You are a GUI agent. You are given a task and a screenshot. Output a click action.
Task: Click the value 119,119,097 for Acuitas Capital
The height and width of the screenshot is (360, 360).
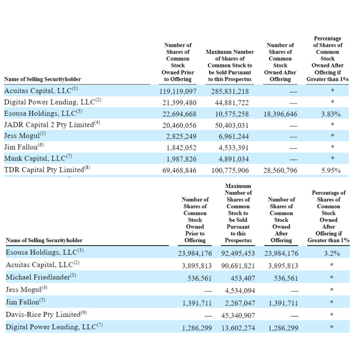point(178,91)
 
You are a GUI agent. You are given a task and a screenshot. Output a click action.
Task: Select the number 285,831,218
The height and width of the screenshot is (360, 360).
point(230,91)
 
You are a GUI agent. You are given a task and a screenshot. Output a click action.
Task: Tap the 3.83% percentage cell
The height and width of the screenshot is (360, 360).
point(331,114)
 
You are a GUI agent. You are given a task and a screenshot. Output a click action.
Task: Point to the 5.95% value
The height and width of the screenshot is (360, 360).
point(331,171)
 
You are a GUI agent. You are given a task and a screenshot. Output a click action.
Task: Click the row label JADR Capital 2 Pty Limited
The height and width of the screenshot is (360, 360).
point(49,125)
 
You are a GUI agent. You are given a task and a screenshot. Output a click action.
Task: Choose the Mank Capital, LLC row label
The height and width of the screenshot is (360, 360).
point(35,158)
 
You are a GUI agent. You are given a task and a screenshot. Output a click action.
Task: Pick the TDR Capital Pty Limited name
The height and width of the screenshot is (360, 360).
point(44,170)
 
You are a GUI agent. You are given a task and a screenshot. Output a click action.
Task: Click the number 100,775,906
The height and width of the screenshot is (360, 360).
point(230,171)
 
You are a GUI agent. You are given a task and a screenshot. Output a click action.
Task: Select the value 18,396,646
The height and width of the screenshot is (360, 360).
point(280,114)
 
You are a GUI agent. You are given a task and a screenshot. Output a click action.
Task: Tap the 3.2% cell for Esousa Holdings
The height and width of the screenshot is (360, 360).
point(332,253)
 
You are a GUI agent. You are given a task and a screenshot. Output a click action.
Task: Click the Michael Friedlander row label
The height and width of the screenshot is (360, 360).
point(38,277)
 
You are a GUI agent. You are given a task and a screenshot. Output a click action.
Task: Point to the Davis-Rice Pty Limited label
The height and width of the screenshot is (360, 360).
point(43,314)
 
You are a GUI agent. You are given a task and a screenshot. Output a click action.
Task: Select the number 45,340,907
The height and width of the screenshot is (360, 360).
point(238,315)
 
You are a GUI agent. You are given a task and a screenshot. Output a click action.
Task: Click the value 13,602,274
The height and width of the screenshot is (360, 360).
point(238,328)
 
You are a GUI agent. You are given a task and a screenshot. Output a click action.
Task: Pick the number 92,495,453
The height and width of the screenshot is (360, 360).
point(238,253)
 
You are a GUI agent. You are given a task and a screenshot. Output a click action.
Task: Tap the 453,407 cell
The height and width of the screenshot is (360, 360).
point(243,278)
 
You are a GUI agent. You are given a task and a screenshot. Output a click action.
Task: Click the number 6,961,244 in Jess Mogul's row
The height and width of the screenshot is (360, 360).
point(234,136)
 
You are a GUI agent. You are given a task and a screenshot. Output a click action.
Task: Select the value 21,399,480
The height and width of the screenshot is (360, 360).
point(179,103)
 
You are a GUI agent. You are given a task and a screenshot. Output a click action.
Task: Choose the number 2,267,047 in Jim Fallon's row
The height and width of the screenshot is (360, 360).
point(240,303)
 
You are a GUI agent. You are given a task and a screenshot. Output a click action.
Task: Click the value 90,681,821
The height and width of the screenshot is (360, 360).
point(238,265)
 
